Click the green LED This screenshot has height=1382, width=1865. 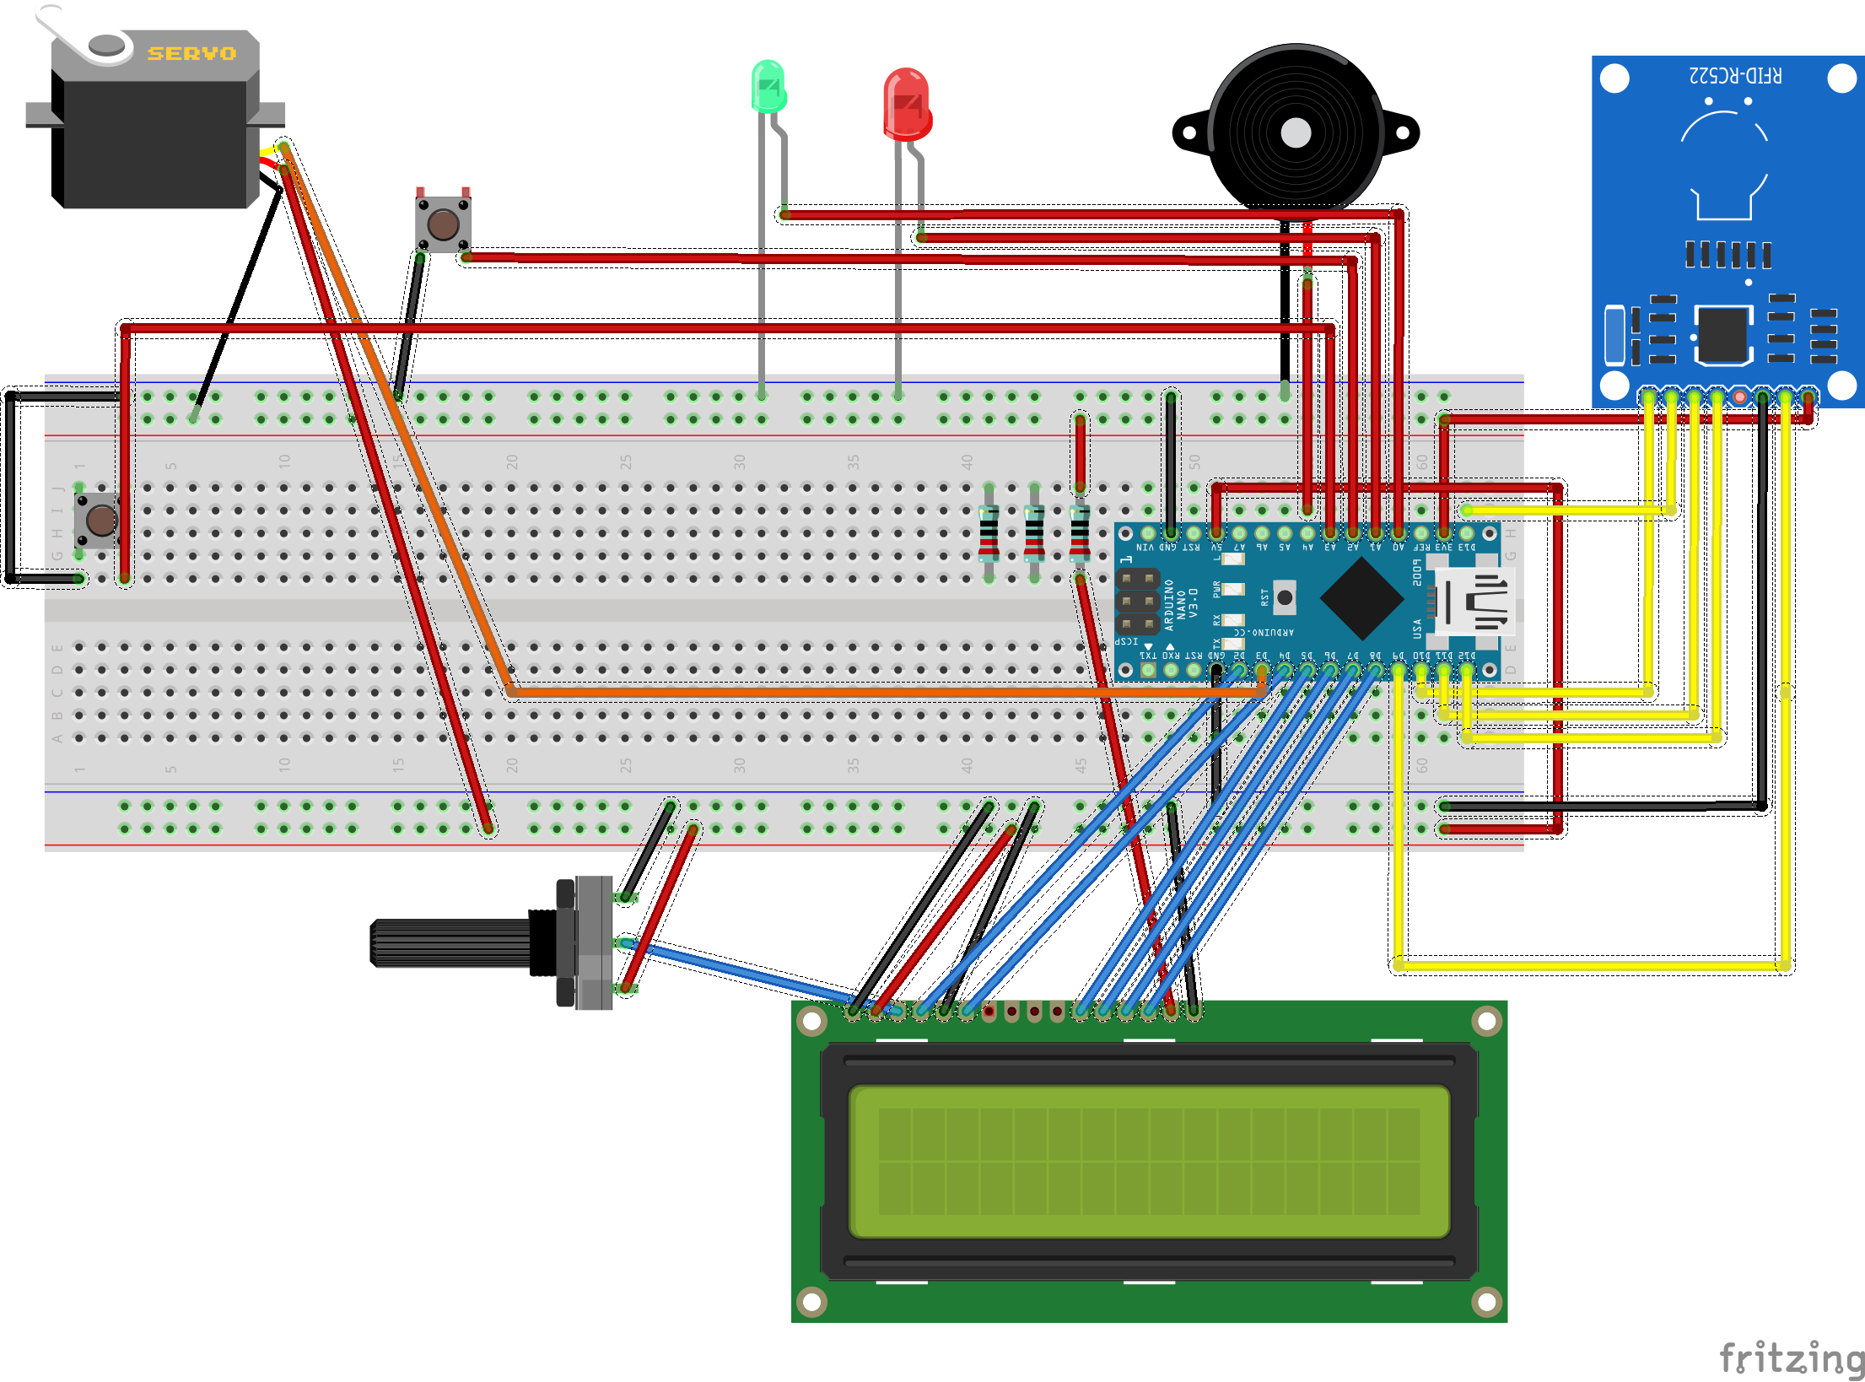click(x=768, y=87)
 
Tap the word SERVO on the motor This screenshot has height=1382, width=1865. click(x=191, y=54)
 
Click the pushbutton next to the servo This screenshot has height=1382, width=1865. click(x=443, y=224)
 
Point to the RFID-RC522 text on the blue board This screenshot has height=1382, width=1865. click(x=1735, y=76)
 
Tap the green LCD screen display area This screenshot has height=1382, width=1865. click(x=1149, y=1161)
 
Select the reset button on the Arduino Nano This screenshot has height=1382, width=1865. click(x=1284, y=597)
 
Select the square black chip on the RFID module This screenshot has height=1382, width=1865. click(x=1723, y=334)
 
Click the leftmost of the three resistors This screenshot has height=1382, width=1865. click(x=989, y=533)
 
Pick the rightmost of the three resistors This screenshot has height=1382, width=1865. click(x=1080, y=533)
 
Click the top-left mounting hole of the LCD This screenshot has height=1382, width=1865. click(x=811, y=1022)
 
